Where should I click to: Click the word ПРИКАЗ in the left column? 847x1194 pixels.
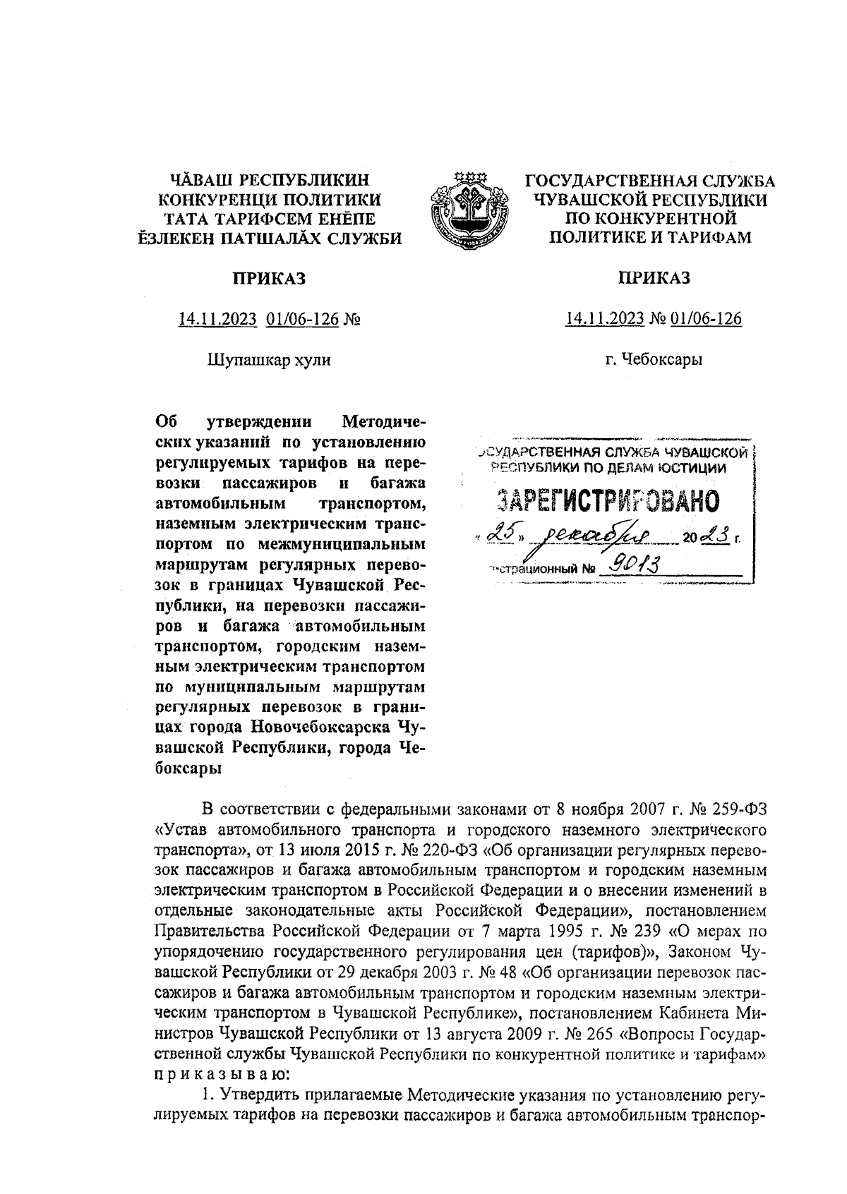click(x=270, y=279)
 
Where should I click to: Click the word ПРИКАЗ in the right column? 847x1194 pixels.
click(x=654, y=278)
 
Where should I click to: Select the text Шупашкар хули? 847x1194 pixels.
click(x=268, y=360)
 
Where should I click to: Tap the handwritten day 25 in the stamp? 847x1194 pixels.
click(x=498, y=537)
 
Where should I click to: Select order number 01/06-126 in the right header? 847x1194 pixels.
click(x=706, y=319)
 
